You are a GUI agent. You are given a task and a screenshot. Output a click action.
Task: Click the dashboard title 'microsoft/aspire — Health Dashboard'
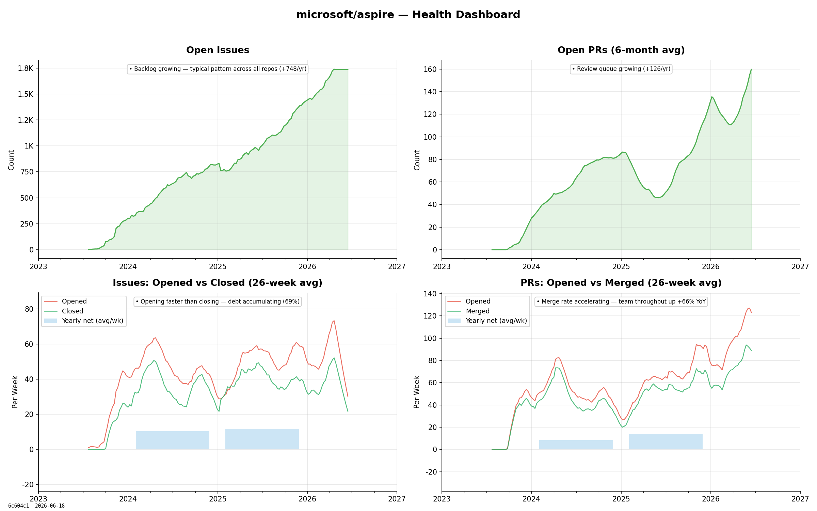tap(408, 15)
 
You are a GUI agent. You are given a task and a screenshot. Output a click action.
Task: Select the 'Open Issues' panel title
tap(218, 50)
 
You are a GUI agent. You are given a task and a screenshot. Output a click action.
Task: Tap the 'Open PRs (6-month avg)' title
tap(621, 50)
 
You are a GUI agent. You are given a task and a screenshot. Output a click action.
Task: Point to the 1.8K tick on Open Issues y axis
tap(26, 68)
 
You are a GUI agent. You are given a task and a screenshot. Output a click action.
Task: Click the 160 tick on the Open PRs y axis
tap(430, 69)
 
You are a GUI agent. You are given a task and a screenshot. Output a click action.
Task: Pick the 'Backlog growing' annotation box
tap(218, 69)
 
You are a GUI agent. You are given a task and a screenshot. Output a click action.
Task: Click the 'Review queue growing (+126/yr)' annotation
tap(621, 69)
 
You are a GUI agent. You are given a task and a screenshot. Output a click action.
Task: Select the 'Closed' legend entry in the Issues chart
tap(72, 311)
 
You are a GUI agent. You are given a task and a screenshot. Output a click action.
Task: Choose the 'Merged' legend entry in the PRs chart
tap(477, 311)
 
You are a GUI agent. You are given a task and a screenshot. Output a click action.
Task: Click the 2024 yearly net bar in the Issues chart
tap(173, 440)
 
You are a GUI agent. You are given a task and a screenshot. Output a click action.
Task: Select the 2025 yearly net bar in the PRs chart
tap(666, 442)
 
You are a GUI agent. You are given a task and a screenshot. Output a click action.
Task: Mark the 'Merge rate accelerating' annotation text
tap(621, 301)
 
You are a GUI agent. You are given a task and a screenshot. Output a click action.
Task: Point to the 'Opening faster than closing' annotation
tap(218, 301)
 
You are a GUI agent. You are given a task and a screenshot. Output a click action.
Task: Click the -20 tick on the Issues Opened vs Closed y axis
tap(28, 484)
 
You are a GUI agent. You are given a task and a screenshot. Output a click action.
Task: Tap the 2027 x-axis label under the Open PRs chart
tap(800, 267)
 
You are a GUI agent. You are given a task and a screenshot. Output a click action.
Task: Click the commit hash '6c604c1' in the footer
tap(19, 506)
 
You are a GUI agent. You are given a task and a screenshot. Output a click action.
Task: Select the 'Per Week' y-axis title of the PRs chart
tap(417, 392)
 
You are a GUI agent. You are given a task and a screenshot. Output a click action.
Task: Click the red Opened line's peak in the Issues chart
tap(334, 321)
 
